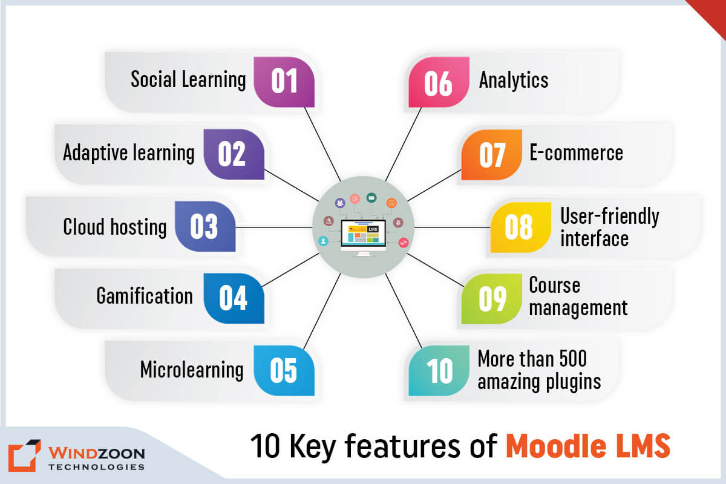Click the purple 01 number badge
284,82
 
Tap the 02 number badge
233,154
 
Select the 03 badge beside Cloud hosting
204,226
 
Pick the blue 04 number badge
233,298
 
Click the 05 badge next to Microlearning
284,370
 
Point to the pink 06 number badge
439,82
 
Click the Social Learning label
188,80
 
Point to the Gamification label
145,296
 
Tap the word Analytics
514,80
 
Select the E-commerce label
576,152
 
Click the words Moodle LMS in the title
588,446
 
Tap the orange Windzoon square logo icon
24,458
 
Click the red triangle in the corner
711,12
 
